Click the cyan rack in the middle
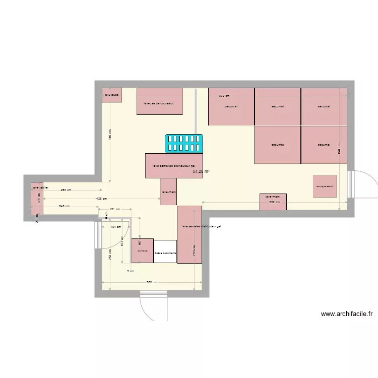[x=184, y=143]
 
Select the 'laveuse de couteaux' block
[x=159, y=101]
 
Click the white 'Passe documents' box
[x=165, y=251]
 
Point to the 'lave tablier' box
[x=37, y=198]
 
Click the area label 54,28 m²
[x=201, y=171]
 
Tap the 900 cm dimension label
[x=224, y=95]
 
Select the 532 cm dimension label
[x=275, y=203]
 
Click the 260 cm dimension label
[x=66, y=190]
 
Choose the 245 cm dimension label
[x=65, y=206]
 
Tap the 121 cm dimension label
[x=115, y=209]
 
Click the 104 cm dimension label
[x=116, y=227]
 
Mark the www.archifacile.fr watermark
[x=346, y=313]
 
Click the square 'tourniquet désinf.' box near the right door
[x=325, y=186]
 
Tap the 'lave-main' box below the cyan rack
[x=169, y=192]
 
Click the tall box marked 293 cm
[x=190, y=234]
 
